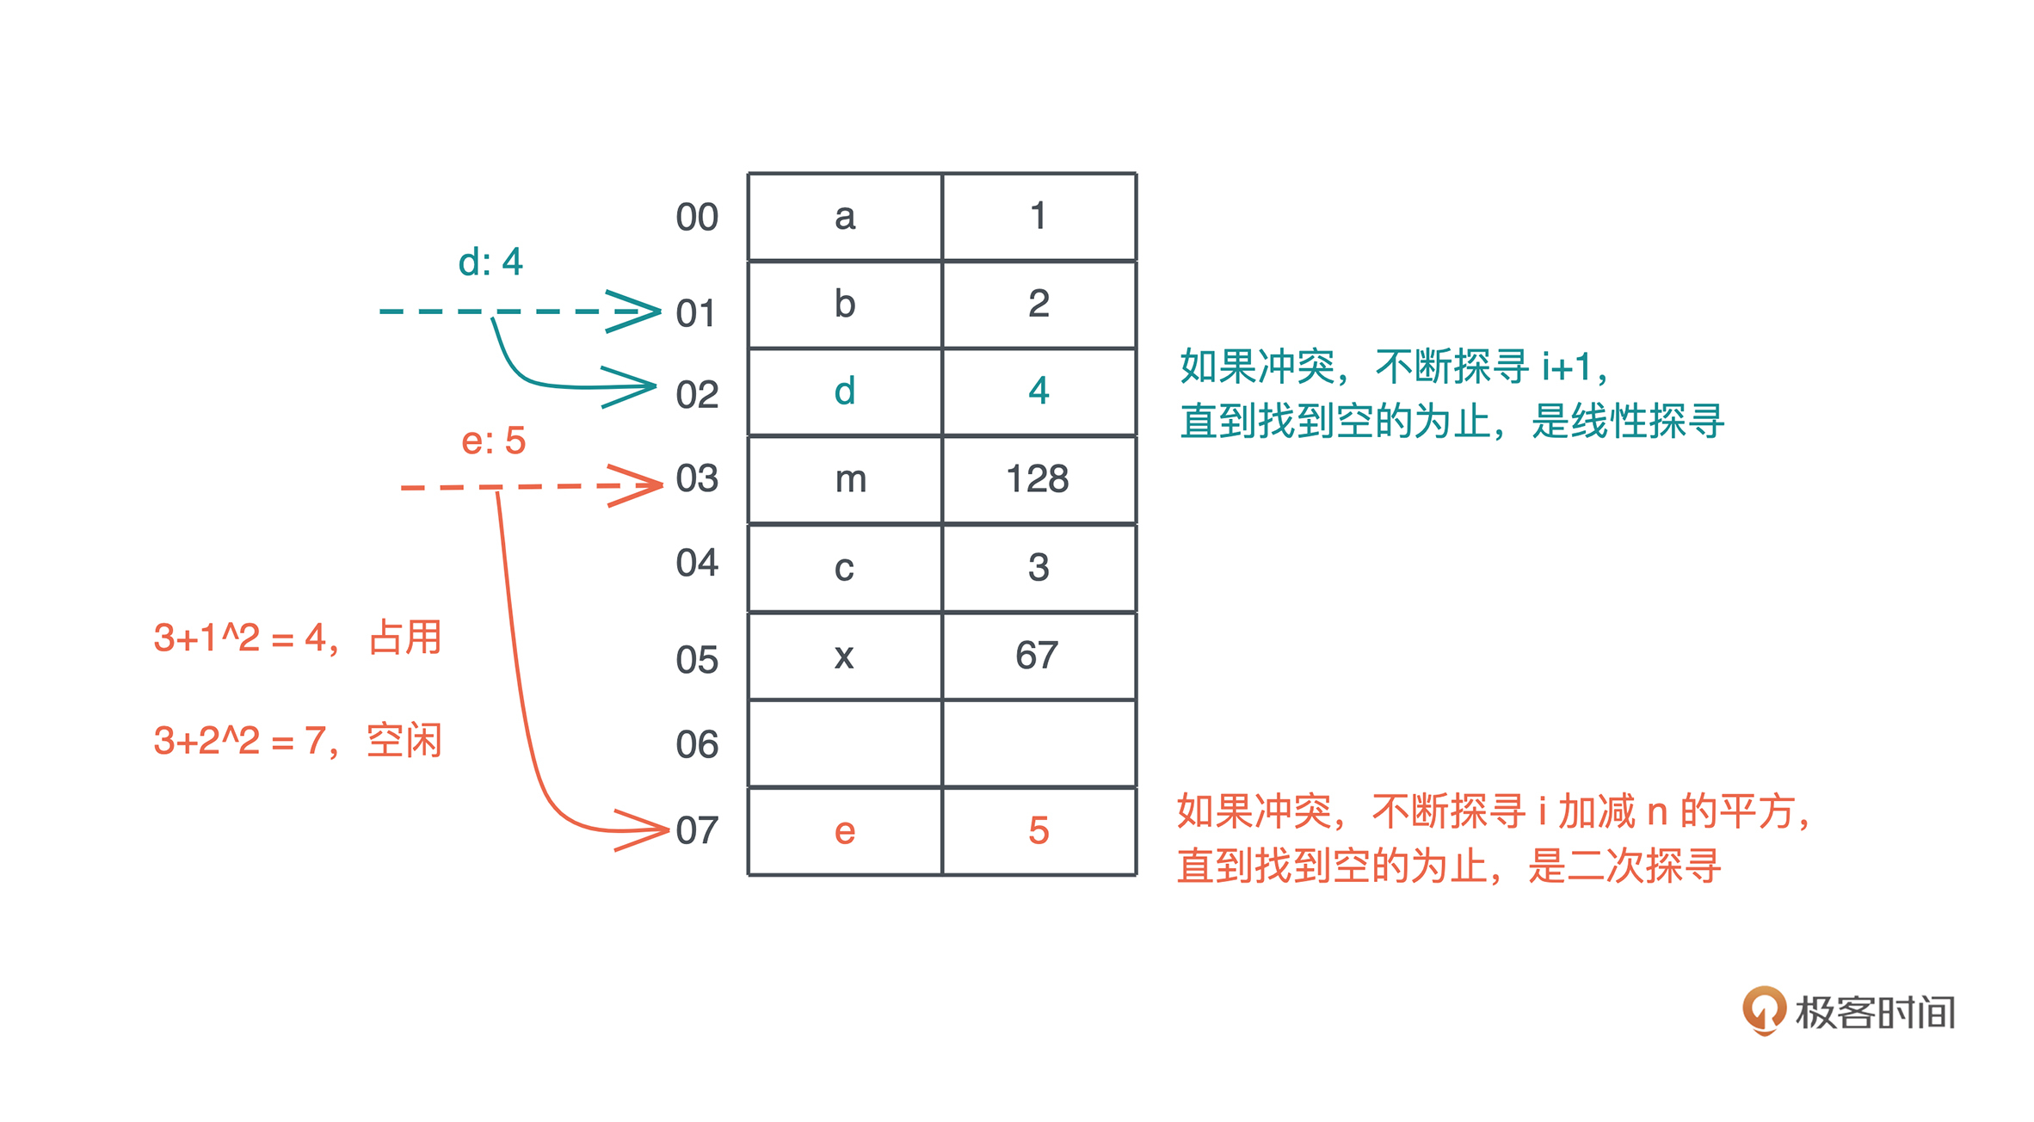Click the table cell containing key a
pos(845,217)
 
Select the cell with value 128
pos(1039,479)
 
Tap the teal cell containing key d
pos(845,391)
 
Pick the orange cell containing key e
pos(845,831)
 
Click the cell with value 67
pos(1039,656)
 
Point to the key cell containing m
pos(845,479)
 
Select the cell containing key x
pos(845,656)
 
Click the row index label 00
pos(696,217)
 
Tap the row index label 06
pos(696,744)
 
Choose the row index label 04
pos(696,563)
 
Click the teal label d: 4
pos(490,262)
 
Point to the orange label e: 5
pos(493,441)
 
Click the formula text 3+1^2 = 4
pos(240,638)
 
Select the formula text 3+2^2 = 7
pos(240,741)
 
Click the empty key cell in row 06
pos(845,744)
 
